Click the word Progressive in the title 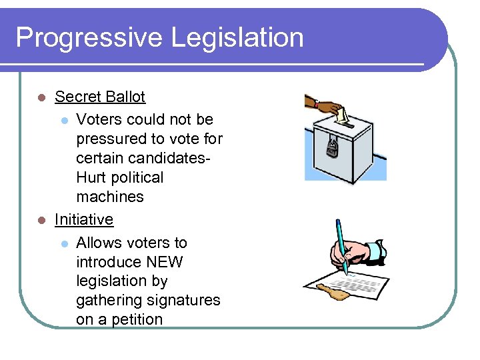[89, 37]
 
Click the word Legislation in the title [237, 37]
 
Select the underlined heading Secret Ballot [100, 97]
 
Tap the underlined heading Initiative [84, 220]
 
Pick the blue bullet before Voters [63, 121]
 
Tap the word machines [110, 197]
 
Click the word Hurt [92, 178]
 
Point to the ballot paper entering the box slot [343, 117]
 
